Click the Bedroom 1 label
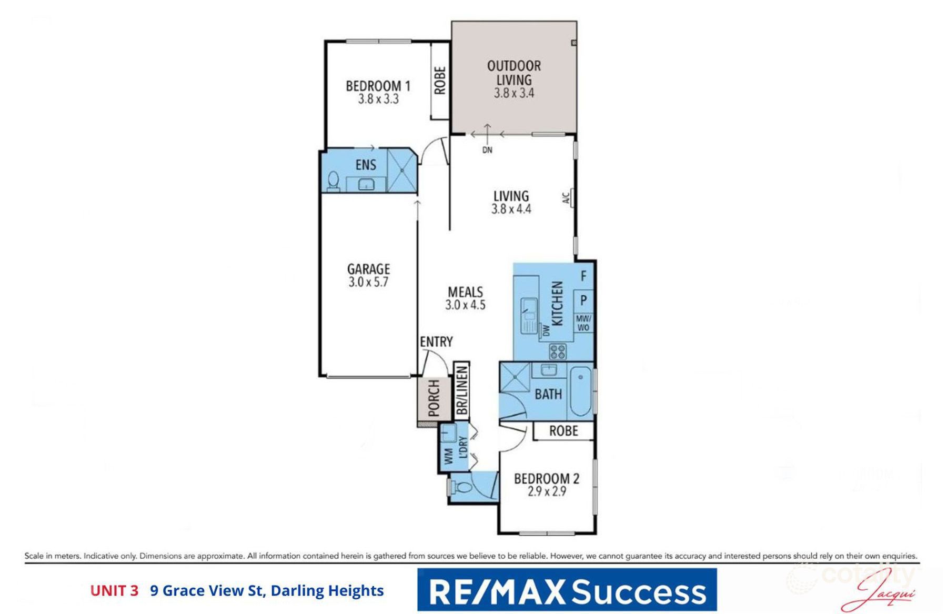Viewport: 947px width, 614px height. pyautogui.click(x=378, y=85)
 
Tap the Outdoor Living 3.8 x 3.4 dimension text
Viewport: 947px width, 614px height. pyautogui.click(x=513, y=93)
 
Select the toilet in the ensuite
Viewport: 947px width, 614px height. pyautogui.click(x=333, y=181)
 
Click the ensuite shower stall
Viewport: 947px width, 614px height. pyautogui.click(x=402, y=170)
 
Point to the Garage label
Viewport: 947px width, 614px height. pyautogui.click(x=368, y=269)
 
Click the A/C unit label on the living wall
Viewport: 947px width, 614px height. pyautogui.click(x=566, y=198)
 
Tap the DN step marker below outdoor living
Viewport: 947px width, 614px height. pyautogui.click(x=488, y=150)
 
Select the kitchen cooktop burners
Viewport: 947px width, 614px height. pyautogui.click(x=557, y=351)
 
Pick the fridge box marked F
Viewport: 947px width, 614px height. pyautogui.click(x=583, y=275)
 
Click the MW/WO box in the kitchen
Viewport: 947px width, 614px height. pyautogui.click(x=583, y=323)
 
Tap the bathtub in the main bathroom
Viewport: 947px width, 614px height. pyautogui.click(x=581, y=392)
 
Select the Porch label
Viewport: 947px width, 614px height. pyautogui.click(x=434, y=398)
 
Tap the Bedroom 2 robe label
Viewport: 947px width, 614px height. pyautogui.click(x=563, y=431)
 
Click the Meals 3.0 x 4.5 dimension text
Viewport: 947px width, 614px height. pyautogui.click(x=465, y=305)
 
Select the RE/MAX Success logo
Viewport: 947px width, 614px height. pyautogui.click(x=567, y=590)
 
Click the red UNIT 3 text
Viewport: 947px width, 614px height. pyautogui.click(x=114, y=591)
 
